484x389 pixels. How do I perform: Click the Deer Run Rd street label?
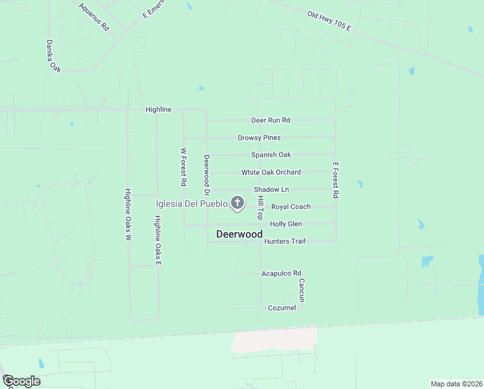point(270,121)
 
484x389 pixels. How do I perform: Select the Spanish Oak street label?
point(271,155)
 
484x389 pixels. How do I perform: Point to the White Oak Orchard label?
point(271,172)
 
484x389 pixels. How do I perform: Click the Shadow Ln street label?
point(271,189)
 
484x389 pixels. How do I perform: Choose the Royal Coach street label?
point(291,207)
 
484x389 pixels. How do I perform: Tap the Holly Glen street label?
point(286,224)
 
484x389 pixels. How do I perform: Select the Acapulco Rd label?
point(281,274)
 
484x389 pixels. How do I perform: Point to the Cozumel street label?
point(282,307)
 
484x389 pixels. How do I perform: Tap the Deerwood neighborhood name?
point(239,234)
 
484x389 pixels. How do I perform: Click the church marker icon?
point(237,204)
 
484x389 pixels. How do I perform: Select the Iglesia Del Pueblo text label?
point(192,204)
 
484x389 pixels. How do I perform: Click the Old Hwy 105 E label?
point(329,21)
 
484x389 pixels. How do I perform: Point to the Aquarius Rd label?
point(94,17)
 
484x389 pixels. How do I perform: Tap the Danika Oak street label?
point(53,56)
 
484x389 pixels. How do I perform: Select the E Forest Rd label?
point(336,180)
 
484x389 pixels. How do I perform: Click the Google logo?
point(21,381)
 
